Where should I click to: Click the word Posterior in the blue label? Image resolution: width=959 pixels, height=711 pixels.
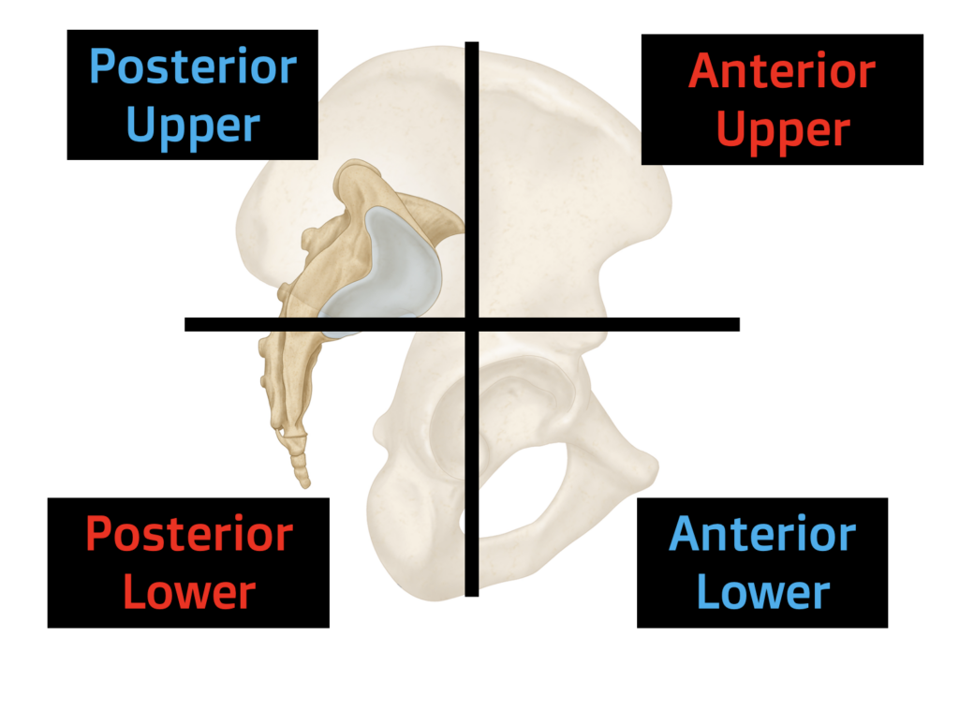click(193, 67)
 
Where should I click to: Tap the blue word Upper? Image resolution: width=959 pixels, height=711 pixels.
click(193, 125)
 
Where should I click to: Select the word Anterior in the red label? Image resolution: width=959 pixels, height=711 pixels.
click(782, 72)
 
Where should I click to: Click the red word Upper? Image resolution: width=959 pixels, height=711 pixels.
click(782, 130)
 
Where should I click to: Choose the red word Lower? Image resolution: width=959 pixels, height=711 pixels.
click(189, 592)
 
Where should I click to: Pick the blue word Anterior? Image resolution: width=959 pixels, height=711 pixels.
click(762, 534)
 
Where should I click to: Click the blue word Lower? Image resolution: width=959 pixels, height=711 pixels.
click(762, 592)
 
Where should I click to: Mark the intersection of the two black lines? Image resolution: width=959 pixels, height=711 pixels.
click(472, 324)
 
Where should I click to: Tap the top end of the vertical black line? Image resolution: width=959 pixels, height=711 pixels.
click(472, 44)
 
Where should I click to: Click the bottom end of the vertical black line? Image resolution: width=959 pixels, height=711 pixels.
click(472, 593)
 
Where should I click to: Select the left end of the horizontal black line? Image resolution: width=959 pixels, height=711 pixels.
click(187, 324)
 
